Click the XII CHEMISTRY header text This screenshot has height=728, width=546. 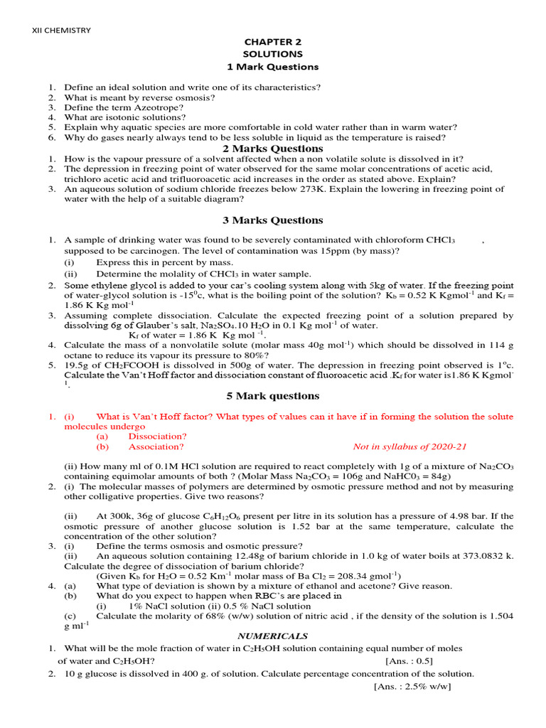(62, 30)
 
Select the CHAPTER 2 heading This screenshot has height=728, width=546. (273, 42)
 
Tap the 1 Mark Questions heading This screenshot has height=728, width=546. (273, 67)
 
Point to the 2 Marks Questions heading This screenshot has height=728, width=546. (273, 149)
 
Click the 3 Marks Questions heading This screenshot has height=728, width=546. (273, 220)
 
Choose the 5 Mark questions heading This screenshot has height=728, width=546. (273, 396)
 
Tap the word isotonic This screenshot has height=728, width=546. (124, 117)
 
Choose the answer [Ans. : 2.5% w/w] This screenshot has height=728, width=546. (412, 686)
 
